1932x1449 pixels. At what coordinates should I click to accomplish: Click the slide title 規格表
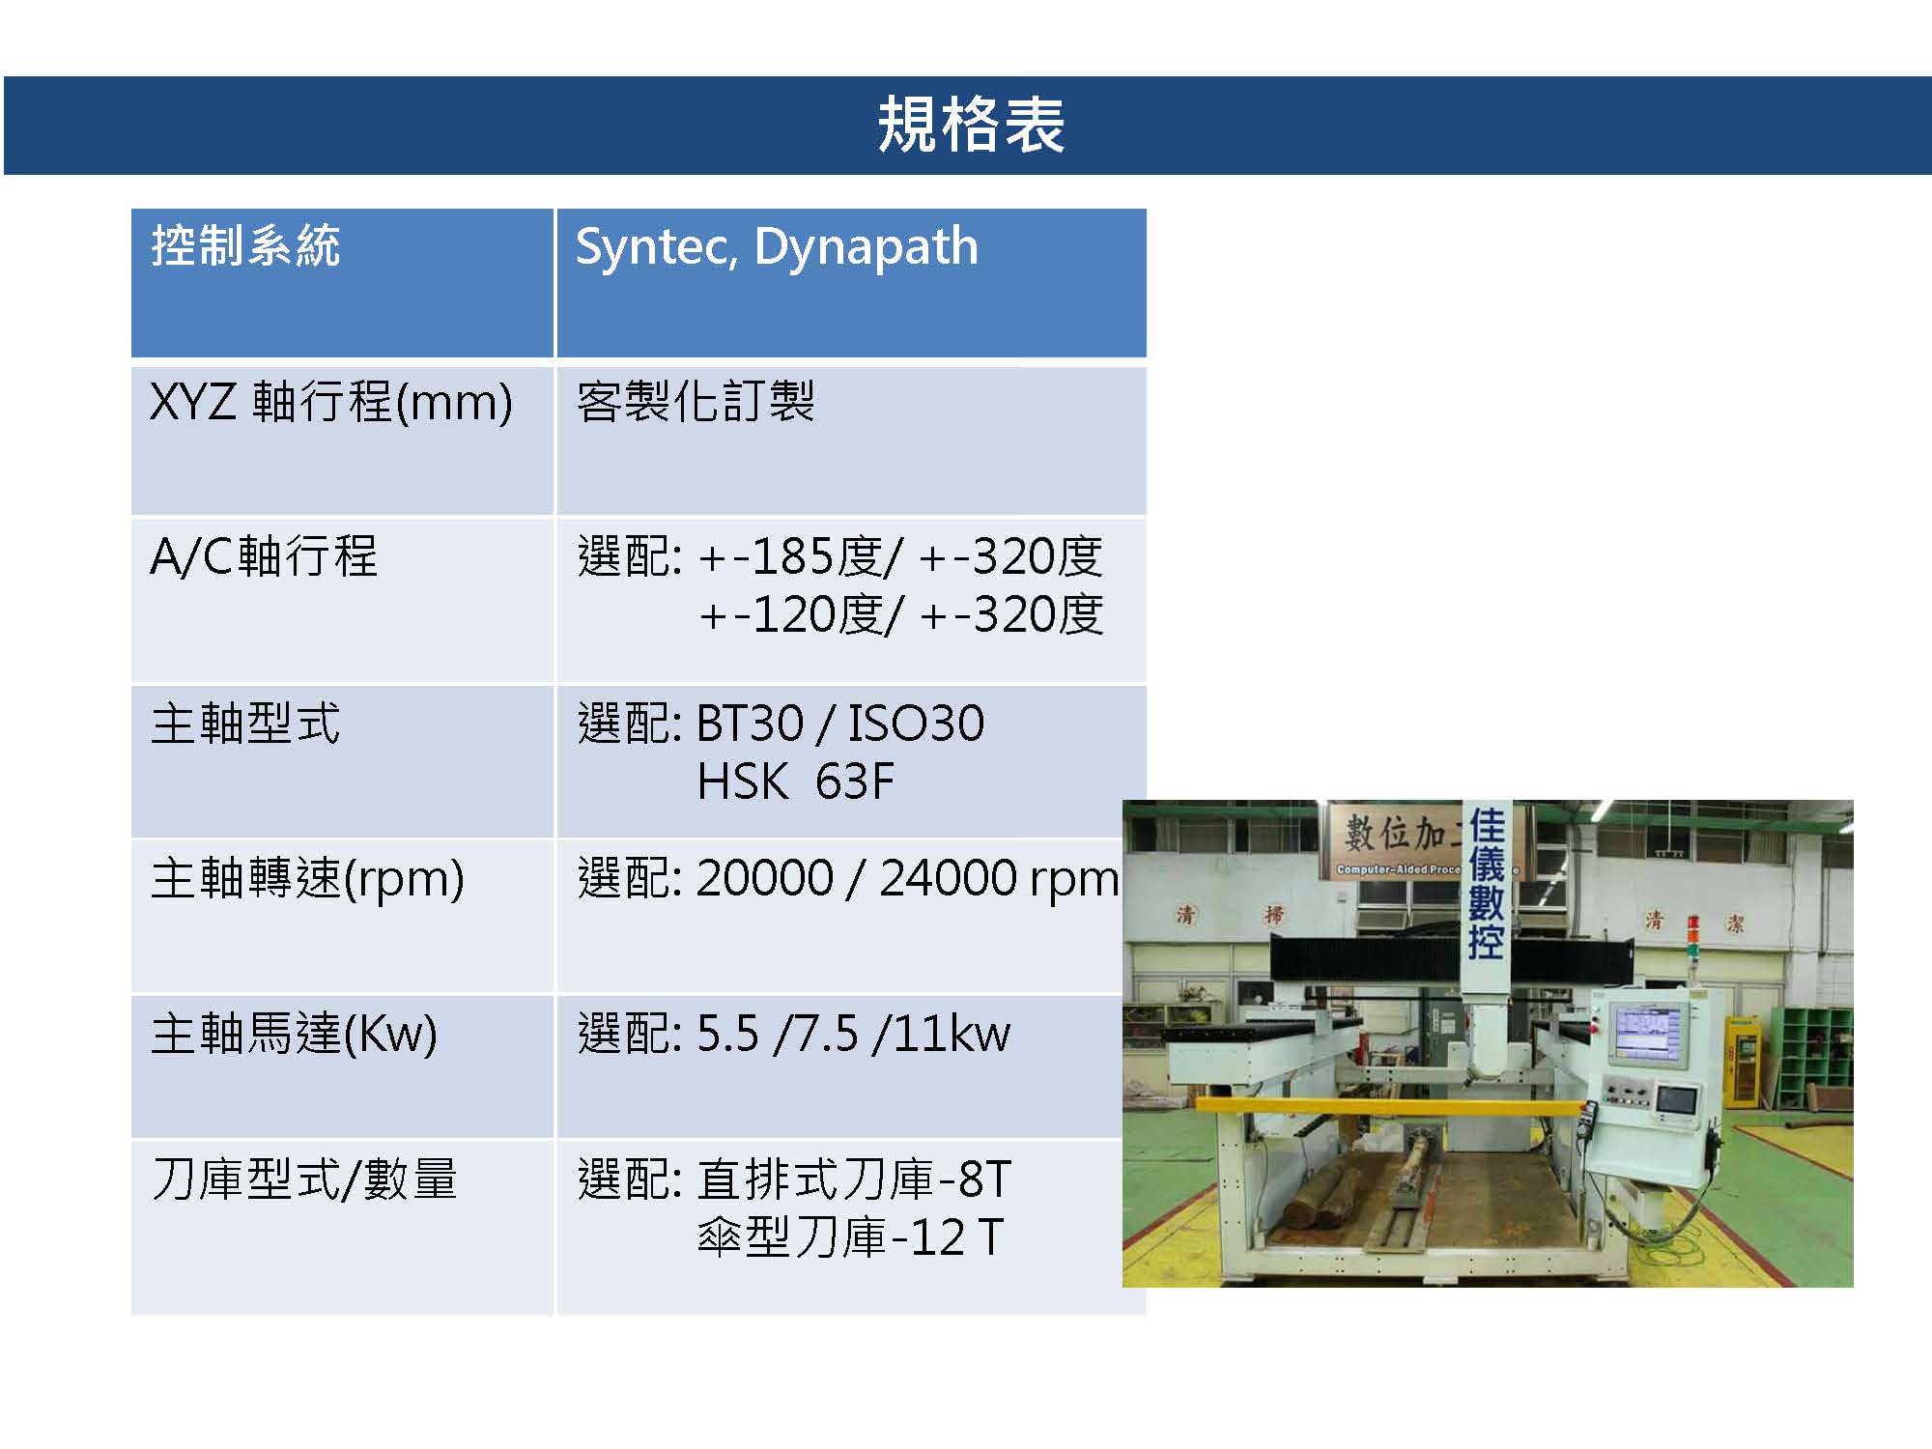(x=970, y=126)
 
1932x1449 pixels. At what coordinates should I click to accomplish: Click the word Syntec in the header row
(x=652, y=247)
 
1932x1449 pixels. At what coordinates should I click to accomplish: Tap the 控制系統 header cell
(x=245, y=245)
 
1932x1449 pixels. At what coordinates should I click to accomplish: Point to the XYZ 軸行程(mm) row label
(x=331, y=402)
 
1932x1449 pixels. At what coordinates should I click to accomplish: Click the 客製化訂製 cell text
(x=696, y=401)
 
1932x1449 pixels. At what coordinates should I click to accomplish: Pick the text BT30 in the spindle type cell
(x=750, y=724)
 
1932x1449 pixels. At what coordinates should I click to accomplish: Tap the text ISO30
(x=916, y=724)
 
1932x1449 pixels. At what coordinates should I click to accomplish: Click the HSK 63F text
(x=796, y=781)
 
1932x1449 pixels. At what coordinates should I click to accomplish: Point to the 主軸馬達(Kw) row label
(x=295, y=1035)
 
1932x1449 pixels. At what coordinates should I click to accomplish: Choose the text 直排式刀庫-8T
(x=854, y=1179)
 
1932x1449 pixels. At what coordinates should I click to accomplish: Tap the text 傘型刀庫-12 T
(x=851, y=1237)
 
